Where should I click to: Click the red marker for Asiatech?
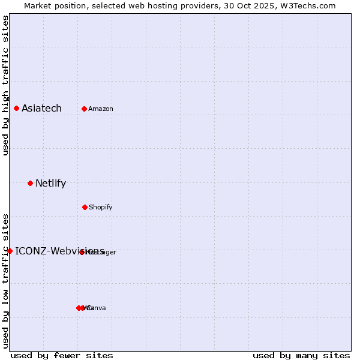pyautogui.click(x=16, y=108)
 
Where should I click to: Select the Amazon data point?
pyautogui.click(x=84, y=109)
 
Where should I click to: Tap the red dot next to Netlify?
pyautogui.click(x=30, y=183)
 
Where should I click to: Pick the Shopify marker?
pyautogui.click(x=85, y=207)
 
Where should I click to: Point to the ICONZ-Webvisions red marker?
pyautogui.click(x=10, y=251)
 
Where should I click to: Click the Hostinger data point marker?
pyautogui.click(x=82, y=252)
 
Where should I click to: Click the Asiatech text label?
pyautogui.click(x=41, y=109)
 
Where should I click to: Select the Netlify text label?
pyautogui.click(x=50, y=184)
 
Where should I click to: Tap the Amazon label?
pyautogui.click(x=101, y=109)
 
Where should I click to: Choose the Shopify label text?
pyautogui.click(x=101, y=208)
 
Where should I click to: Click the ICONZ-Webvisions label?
pyautogui.click(x=59, y=251)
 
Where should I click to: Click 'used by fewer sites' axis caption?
pyautogui.click(x=62, y=356)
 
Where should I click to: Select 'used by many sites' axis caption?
pyautogui.click(x=301, y=356)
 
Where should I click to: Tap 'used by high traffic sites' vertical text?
pyautogui.click(x=6, y=85)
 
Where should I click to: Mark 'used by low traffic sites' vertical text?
pyautogui.click(x=6, y=280)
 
